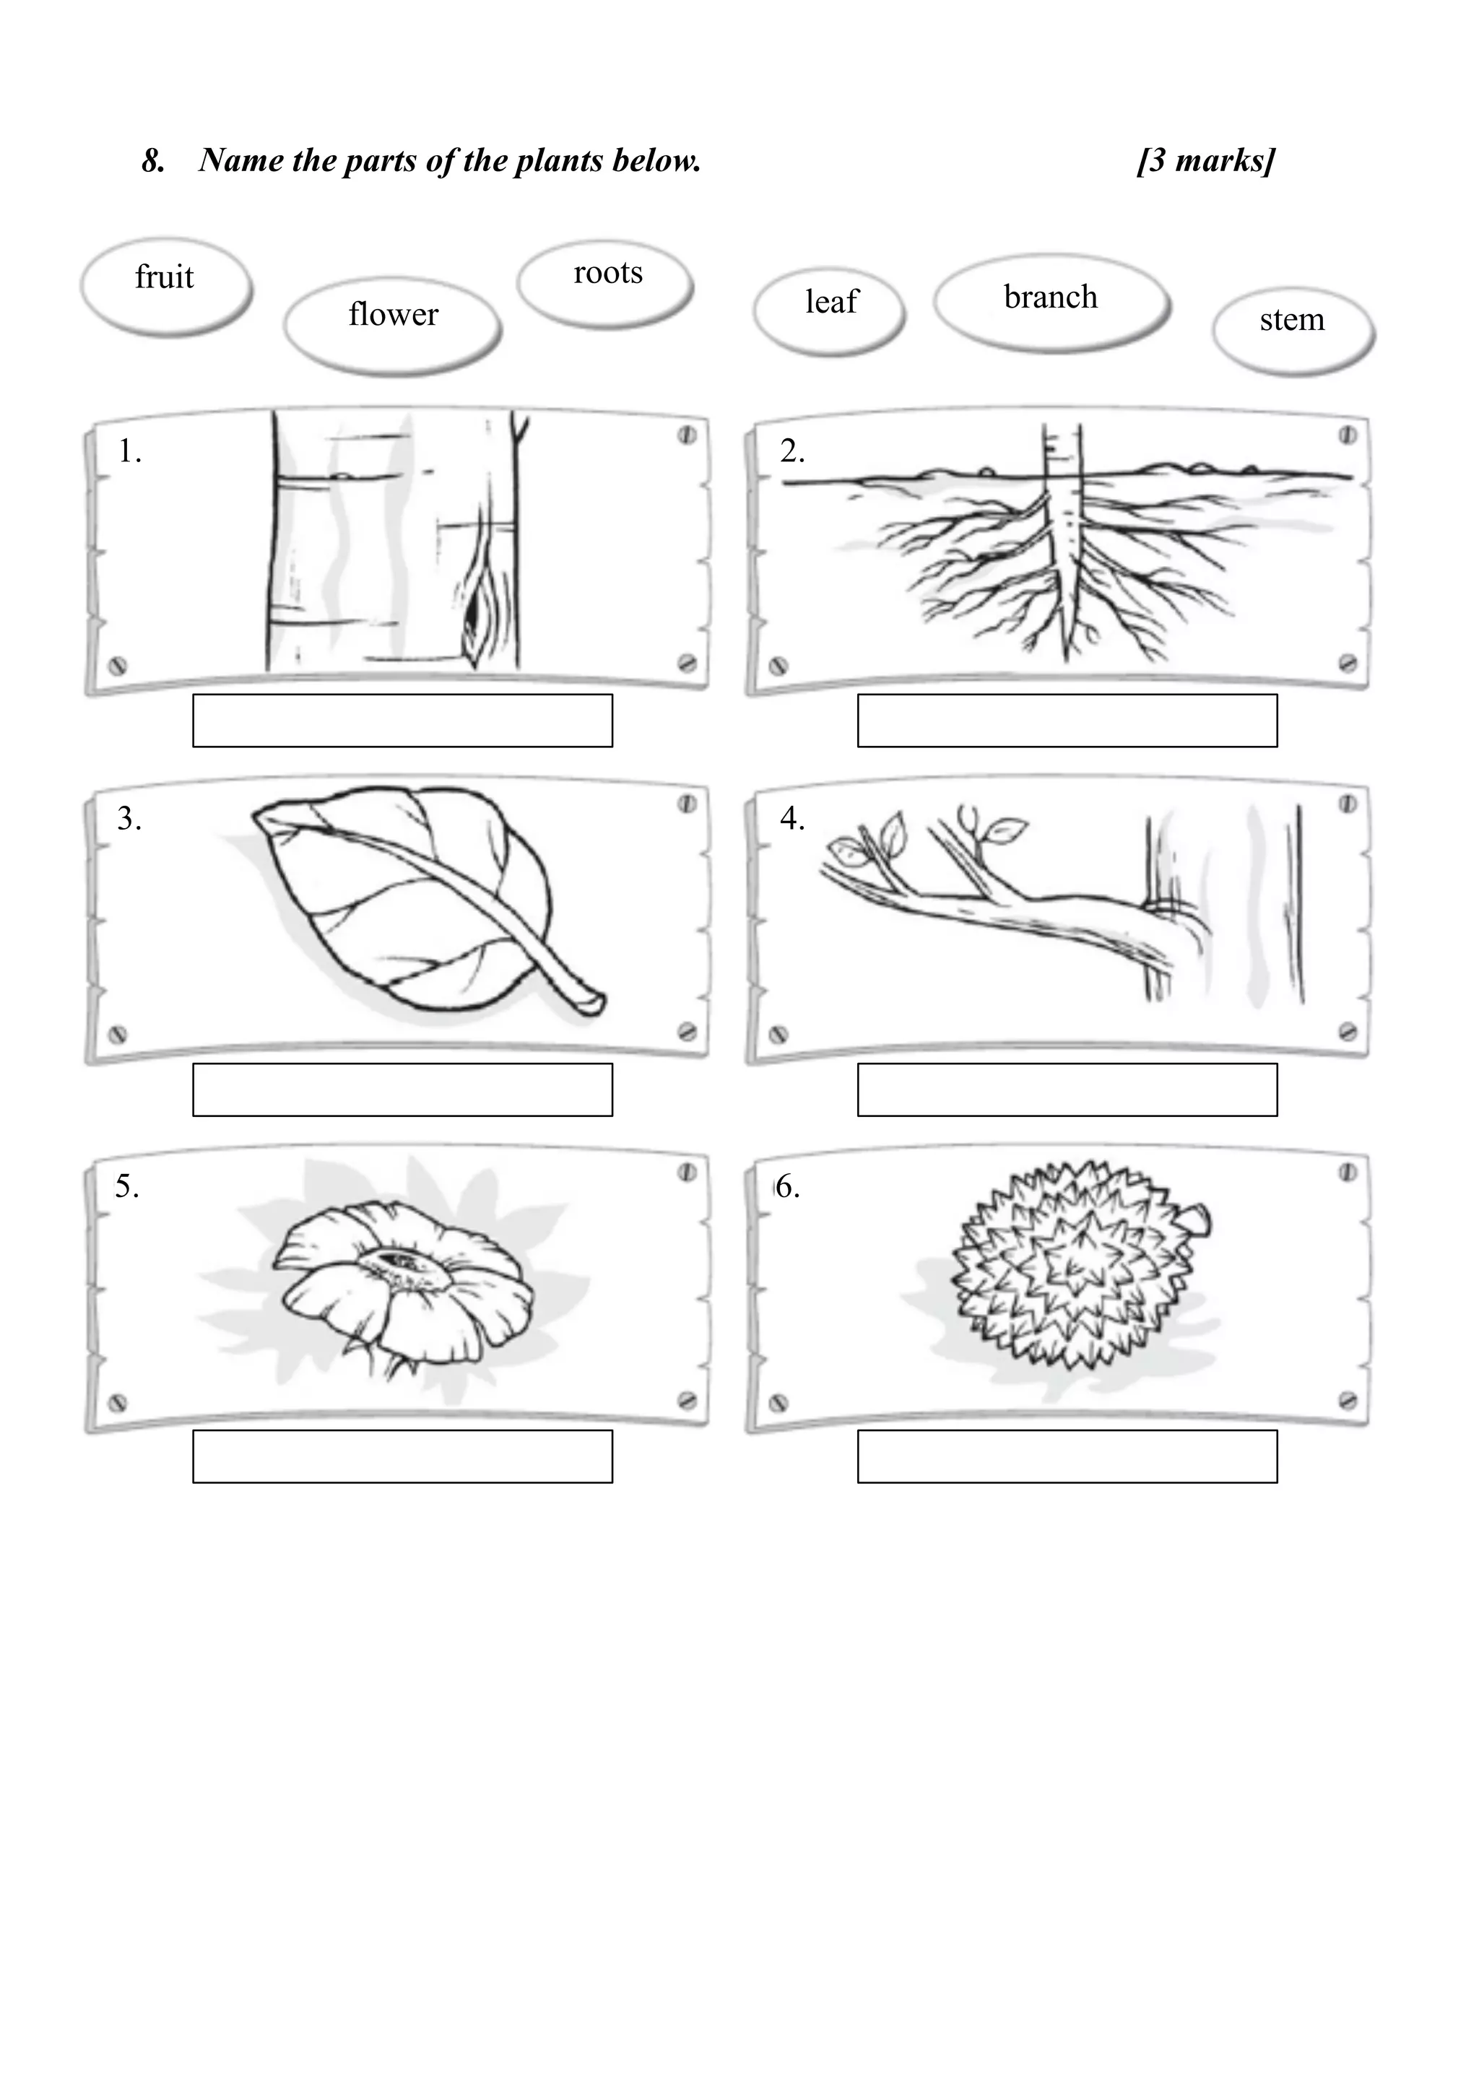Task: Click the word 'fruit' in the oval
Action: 164,277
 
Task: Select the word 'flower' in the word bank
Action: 393,315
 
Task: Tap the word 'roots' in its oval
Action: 607,272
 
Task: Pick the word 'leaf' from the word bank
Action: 830,301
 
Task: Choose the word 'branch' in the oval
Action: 1050,297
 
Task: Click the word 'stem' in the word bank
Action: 1291,320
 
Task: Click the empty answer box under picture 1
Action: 402,721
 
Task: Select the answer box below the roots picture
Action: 1067,721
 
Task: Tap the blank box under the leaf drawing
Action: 402,1090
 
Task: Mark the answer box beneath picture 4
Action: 1067,1090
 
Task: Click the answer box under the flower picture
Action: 402,1456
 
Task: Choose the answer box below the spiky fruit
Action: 1067,1456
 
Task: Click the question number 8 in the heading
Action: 153,161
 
